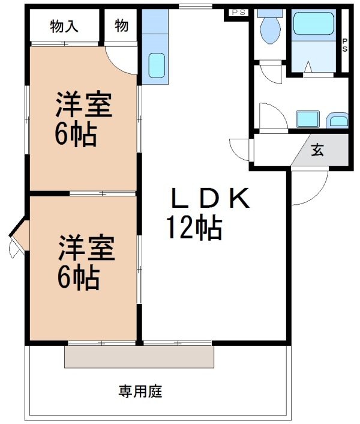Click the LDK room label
coord(211,198)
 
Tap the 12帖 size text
coord(194,228)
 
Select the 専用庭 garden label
coord(140,392)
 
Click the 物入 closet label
coord(64,26)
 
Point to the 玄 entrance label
coord(317,150)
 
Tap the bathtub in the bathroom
coord(313,23)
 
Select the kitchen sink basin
coord(157,65)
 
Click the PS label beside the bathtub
coord(345,45)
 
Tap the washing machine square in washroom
coord(308,119)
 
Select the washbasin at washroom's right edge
coord(337,120)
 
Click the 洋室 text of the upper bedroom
coord(84,104)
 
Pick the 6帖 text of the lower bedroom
coord(79,277)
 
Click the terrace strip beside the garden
coord(139,357)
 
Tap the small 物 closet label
coord(121,26)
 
